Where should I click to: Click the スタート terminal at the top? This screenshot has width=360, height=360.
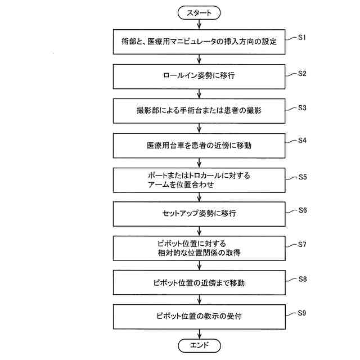point(199,12)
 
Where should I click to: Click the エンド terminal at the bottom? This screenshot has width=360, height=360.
point(199,345)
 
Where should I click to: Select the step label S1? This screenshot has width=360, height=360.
point(301,37)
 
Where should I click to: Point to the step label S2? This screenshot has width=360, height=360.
point(301,73)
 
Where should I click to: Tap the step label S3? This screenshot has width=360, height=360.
point(301,107)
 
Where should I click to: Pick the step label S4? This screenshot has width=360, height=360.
point(301,141)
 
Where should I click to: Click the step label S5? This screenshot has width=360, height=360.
point(302,176)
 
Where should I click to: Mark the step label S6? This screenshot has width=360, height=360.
point(301,210)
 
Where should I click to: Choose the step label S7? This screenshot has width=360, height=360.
point(302,245)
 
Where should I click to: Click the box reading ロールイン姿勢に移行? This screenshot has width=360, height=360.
point(199,76)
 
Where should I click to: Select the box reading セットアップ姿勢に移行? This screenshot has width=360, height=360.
point(199,214)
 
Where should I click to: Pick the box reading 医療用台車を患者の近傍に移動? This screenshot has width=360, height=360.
point(199,145)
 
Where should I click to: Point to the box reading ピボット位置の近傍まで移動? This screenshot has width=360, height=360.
point(199,282)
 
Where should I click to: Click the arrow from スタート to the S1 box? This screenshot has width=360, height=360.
point(199,25)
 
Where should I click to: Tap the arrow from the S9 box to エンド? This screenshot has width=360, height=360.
point(199,332)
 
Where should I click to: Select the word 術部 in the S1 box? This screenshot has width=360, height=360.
point(128,42)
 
